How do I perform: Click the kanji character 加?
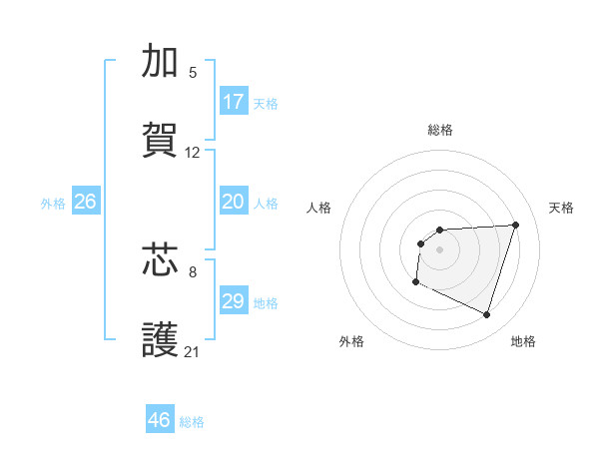(x=161, y=62)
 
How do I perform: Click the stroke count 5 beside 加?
(x=193, y=73)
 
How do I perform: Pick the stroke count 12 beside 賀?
(x=193, y=153)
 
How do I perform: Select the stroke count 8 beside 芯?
(x=193, y=270)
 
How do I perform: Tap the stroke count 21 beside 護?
(x=193, y=351)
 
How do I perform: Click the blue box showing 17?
(x=234, y=102)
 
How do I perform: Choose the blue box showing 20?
(x=234, y=202)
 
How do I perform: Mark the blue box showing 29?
(x=234, y=301)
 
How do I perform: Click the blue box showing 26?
(x=85, y=202)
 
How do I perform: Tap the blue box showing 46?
(x=160, y=420)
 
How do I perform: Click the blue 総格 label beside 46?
(x=192, y=422)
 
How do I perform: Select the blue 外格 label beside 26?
(x=53, y=204)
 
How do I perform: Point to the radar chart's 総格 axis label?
(x=440, y=130)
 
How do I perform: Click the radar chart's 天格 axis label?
(x=562, y=208)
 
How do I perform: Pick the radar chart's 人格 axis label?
(x=319, y=208)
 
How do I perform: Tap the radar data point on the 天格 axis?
(x=516, y=225)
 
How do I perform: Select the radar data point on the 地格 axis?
(x=487, y=315)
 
